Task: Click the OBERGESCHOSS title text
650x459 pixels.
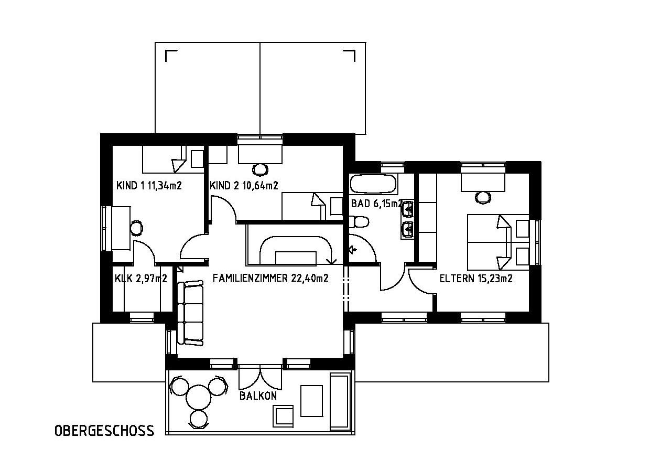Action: click(x=104, y=431)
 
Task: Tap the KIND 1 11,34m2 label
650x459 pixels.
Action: click(x=149, y=186)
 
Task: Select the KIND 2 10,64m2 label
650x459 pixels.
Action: click(x=244, y=186)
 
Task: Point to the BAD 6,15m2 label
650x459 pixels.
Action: click(x=377, y=204)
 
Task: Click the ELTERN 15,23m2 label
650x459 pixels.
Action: click(x=476, y=279)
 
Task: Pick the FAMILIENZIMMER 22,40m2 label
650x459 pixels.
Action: click(x=270, y=279)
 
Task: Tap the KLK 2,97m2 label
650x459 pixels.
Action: click(x=141, y=279)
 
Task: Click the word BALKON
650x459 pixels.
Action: click(x=258, y=396)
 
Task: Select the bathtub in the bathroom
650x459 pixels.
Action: click(x=373, y=184)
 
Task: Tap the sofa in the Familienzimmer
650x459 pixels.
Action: click(x=190, y=313)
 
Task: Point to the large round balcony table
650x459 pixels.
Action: click(x=199, y=398)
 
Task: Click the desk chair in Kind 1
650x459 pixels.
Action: click(x=136, y=228)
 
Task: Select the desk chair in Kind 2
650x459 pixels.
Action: click(x=260, y=170)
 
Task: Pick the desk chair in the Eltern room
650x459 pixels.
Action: click(x=483, y=198)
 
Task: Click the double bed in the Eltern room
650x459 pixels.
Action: click(x=498, y=242)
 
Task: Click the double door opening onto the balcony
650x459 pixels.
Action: click(x=261, y=377)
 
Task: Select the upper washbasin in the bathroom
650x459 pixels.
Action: click(x=408, y=208)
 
